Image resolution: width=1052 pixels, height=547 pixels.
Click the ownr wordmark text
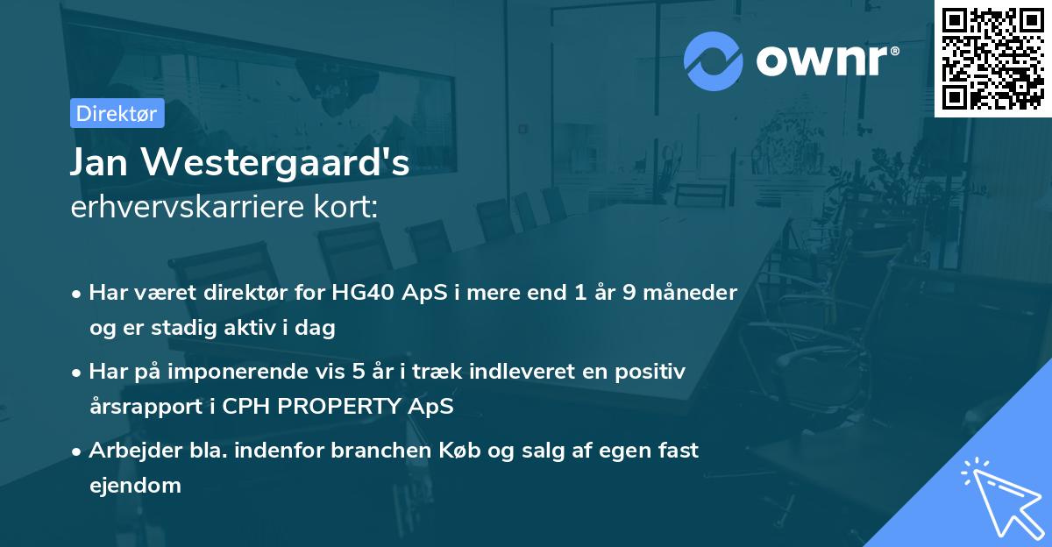(x=827, y=60)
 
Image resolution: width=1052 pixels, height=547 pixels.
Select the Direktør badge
(x=117, y=113)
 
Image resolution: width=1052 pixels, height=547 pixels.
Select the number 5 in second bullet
(x=359, y=371)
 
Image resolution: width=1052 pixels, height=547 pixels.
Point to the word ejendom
(x=135, y=485)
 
